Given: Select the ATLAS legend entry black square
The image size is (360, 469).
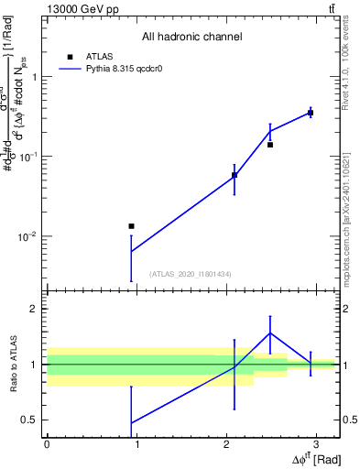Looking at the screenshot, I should click(x=69, y=56).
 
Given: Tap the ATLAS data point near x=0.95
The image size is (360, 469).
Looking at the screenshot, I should click(x=131, y=225).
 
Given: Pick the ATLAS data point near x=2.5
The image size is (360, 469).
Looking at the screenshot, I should click(x=270, y=145).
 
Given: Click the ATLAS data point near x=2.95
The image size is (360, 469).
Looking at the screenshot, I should click(x=311, y=113).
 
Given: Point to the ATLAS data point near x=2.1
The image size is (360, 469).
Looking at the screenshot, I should click(x=235, y=175).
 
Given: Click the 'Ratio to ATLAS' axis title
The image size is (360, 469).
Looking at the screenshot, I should click(x=12, y=364).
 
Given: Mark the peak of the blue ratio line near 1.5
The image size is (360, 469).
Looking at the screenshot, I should click(x=270, y=333).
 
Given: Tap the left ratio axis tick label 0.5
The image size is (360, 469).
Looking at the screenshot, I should click(x=32, y=420).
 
